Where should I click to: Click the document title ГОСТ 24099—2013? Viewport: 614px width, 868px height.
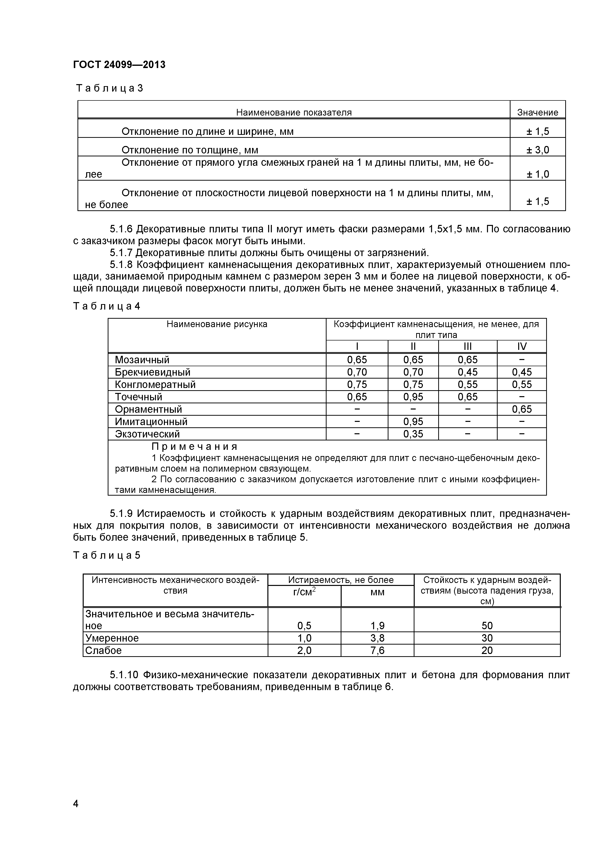click(119, 65)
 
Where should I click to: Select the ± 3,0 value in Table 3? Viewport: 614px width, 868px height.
click(537, 150)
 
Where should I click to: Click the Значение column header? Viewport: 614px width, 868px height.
click(537, 112)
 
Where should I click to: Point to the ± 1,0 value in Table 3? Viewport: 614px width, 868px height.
click(537, 174)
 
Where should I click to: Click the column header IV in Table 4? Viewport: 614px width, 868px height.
click(522, 346)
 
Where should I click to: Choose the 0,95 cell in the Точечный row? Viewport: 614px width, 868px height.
click(413, 397)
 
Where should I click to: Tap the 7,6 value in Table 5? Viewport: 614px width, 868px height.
click(377, 651)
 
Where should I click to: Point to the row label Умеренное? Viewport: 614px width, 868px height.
click(112, 638)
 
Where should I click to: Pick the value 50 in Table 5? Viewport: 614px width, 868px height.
click(487, 626)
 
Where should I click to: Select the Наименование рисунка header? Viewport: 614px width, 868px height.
click(217, 324)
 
